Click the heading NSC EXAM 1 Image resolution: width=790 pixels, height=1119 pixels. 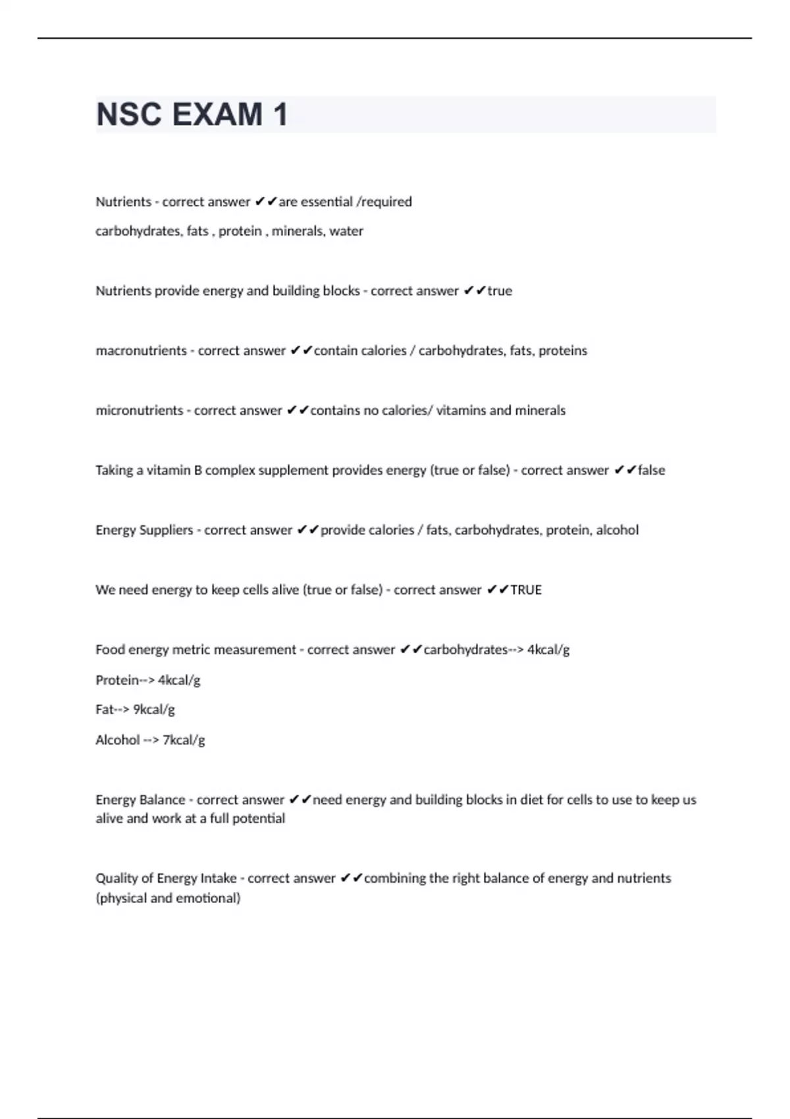click(x=192, y=115)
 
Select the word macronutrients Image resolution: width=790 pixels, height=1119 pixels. click(x=141, y=351)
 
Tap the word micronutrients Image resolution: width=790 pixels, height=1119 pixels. click(x=139, y=411)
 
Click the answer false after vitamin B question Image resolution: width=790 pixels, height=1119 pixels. click(x=651, y=471)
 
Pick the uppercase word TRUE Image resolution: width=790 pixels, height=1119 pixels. click(x=526, y=590)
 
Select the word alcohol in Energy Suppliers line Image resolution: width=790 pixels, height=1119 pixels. click(x=617, y=530)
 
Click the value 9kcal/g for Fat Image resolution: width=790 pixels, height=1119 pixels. click(x=154, y=710)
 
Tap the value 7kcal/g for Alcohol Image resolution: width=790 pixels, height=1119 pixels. click(x=184, y=740)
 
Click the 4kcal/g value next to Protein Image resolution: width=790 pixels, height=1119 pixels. click(x=179, y=680)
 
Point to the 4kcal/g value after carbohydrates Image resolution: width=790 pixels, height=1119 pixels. click(x=548, y=650)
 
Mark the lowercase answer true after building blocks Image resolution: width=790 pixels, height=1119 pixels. click(x=500, y=291)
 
